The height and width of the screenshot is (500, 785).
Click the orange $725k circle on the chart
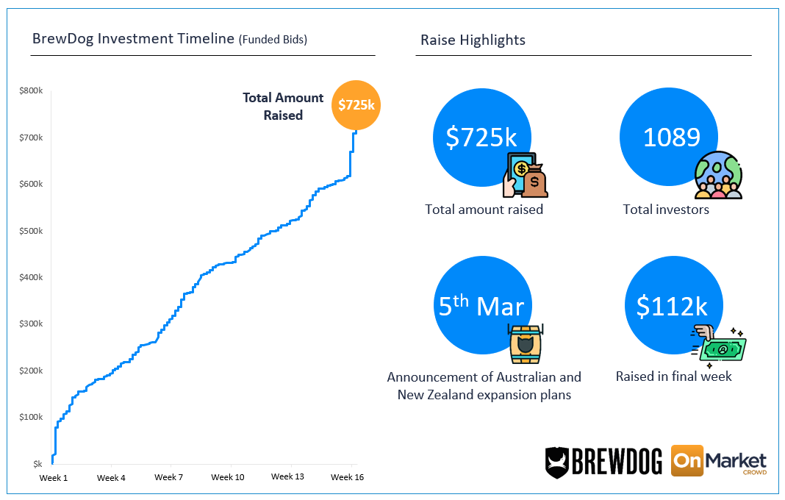click(x=356, y=104)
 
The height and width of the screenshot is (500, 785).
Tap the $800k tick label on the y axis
click(x=31, y=90)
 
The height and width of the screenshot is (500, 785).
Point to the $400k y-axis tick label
click(x=31, y=277)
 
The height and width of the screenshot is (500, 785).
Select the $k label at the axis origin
click(x=37, y=463)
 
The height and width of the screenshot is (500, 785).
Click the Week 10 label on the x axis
click(x=228, y=477)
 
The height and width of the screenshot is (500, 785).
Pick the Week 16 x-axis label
click(x=347, y=477)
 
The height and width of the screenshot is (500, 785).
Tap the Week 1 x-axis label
click(x=53, y=477)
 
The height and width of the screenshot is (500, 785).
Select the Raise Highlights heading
click(x=473, y=40)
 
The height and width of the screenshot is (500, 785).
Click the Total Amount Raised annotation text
click(x=283, y=107)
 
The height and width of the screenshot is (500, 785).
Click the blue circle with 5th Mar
click(x=481, y=305)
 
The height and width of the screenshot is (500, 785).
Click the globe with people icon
click(x=718, y=176)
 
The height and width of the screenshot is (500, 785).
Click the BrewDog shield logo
click(x=557, y=461)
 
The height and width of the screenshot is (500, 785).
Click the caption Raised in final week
click(x=673, y=376)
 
